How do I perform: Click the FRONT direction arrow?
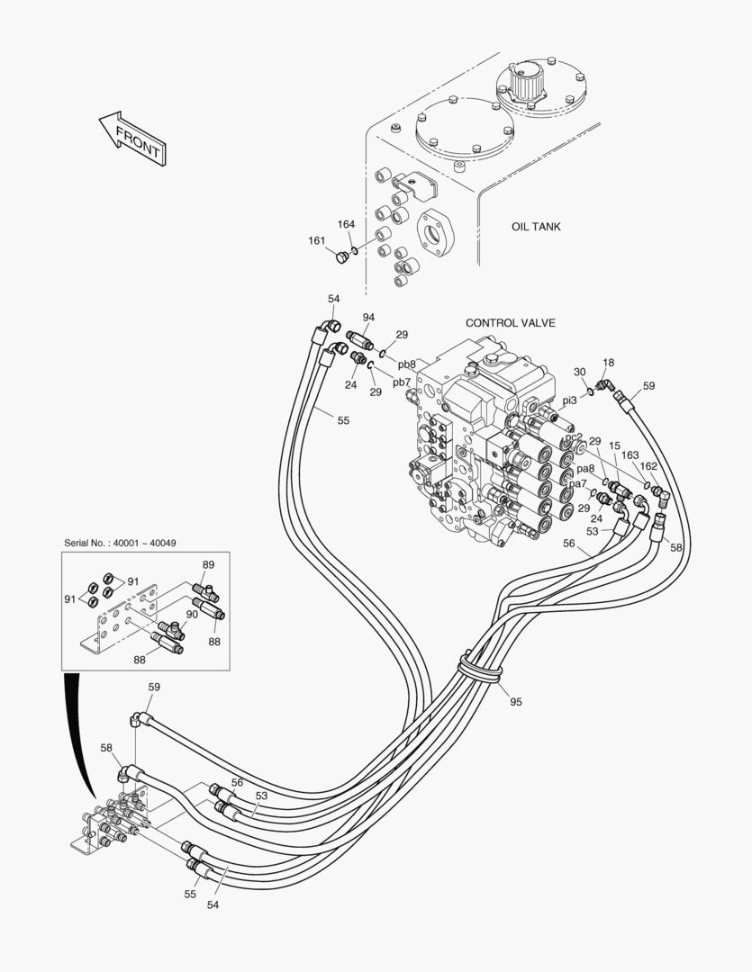pyautogui.click(x=132, y=139)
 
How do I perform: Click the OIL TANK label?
pyautogui.click(x=536, y=227)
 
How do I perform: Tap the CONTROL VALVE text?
pyautogui.click(x=510, y=323)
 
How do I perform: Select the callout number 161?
pyautogui.click(x=316, y=240)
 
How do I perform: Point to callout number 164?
pyautogui.click(x=346, y=224)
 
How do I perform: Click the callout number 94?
pyautogui.click(x=368, y=318)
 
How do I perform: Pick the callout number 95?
pyautogui.click(x=516, y=702)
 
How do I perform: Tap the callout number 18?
pyautogui.click(x=608, y=363)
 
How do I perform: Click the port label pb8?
pyautogui.click(x=407, y=364)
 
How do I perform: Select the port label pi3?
pyautogui.click(x=569, y=401)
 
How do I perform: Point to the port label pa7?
pyautogui.click(x=577, y=484)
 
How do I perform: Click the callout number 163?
pyautogui.click(x=630, y=455)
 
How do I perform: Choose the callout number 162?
pyautogui.click(x=648, y=466)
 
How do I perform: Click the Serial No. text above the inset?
pyautogui.click(x=120, y=543)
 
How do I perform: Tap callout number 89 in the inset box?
pyautogui.click(x=208, y=564)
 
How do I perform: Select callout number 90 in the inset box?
pyautogui.click(x=193, y=615)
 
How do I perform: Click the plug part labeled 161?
pyautogui.click(x=342, y=256)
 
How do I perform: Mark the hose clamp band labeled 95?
pyautogui.click(x=479, y=667)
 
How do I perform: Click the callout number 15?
pyautogui.click(x=614, y=445)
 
